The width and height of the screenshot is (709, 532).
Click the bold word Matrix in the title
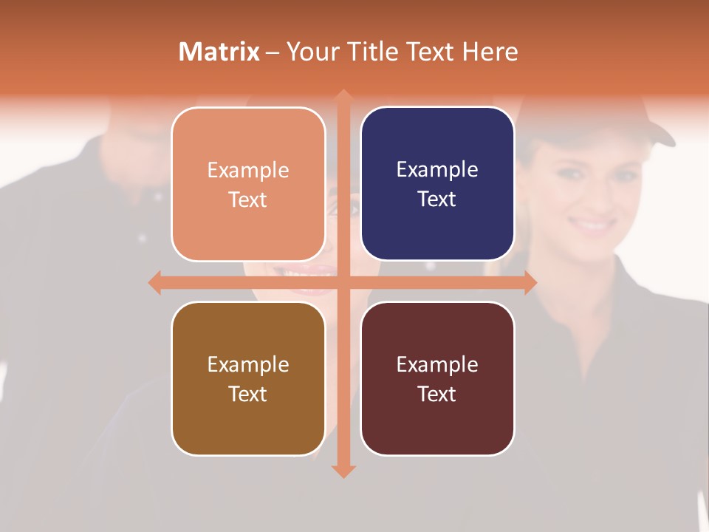tap(219, 52)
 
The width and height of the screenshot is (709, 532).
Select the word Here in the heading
tap(490, 52)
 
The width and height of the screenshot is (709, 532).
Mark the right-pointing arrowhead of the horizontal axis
tap(530, 282)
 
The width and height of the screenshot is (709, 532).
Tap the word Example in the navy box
tap(437, 169)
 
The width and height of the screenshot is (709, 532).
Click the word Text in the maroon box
tap(437, 394)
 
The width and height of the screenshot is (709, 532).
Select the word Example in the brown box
tap(248, 364)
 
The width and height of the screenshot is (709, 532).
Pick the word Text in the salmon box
tap(248, 199)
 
